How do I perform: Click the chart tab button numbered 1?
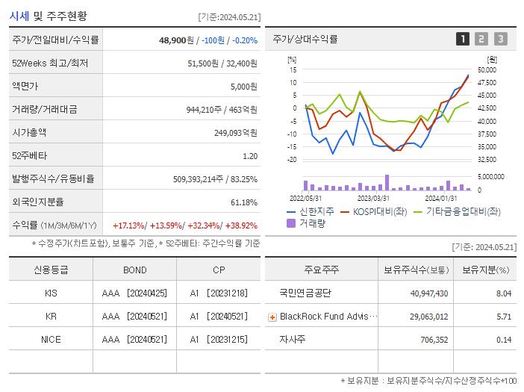pos(463,39)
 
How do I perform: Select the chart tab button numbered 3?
pos(500,39)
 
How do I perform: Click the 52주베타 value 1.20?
pos(249,156)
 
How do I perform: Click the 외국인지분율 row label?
pos(38,202)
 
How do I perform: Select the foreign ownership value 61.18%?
pos(243,202)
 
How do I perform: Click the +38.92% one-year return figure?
pos(240,225)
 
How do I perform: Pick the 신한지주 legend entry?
pos(311,211)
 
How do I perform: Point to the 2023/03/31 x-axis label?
pos(373,199)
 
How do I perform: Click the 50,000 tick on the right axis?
pos(486,69)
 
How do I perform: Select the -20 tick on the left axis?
pos(293,160)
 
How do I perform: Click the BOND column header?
pos(134,270)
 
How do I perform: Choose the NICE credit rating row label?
pos(51,339)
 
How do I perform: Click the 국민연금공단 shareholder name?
pos(305,293)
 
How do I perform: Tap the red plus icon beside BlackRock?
pos(272,317)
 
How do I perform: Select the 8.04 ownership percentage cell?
pos(503,293)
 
